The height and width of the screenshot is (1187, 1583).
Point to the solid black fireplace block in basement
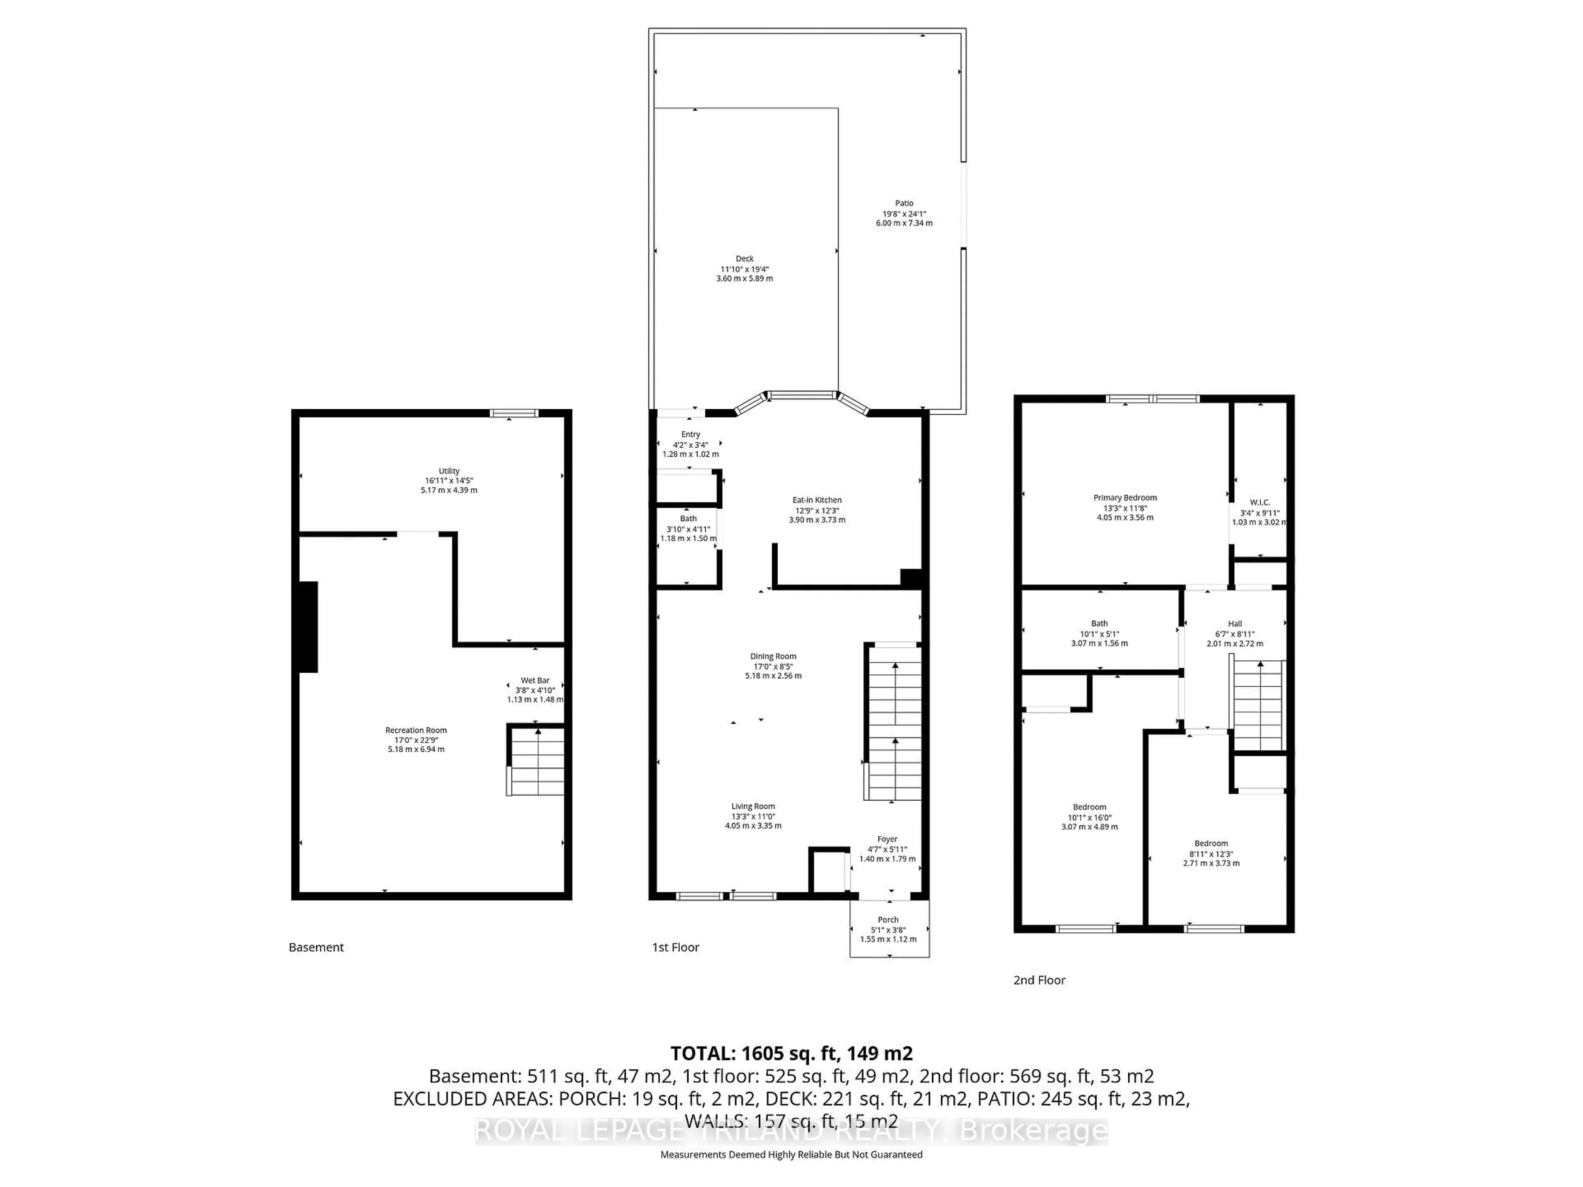pos(308,627)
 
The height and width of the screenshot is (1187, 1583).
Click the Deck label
pos(744,259)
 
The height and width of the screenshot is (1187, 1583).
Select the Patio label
pos(904,203)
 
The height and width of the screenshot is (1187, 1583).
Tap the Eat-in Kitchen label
pos(817,500)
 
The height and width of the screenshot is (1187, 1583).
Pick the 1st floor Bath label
pos(688,519)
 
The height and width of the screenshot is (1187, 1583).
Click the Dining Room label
pos(773,656)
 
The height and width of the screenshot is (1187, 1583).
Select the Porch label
pos(888,920)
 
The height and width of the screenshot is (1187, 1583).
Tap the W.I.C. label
pos(1259,502)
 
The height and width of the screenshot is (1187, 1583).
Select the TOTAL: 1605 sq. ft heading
pos(791,1053)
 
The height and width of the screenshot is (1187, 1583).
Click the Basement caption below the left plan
pos(316,947)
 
